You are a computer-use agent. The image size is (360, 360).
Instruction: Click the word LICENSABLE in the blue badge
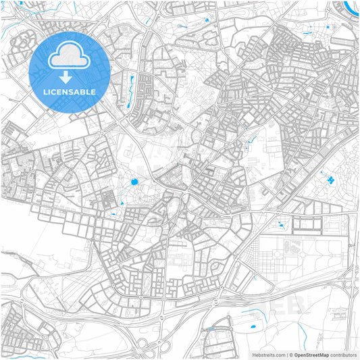click(70, 91)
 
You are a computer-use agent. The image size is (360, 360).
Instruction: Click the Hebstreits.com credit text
click(269, 355)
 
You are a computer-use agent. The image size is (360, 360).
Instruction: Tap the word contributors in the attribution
click(343, 355)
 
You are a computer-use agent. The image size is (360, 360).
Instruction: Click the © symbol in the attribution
click(290, 355)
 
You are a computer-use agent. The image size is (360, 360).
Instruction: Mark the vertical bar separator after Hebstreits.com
click(286, 355)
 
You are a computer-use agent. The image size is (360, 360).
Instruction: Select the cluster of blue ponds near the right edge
click(330, 180)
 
